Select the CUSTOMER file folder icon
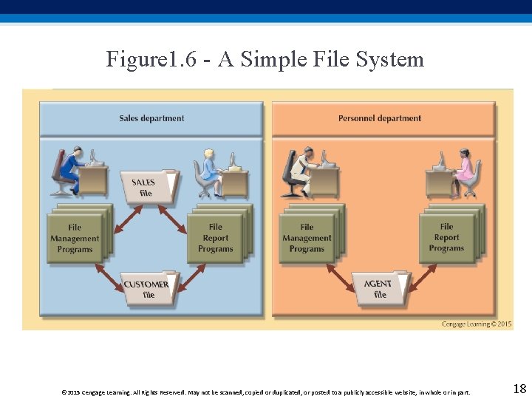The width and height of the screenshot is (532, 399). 147,289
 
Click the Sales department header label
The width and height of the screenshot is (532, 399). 151,118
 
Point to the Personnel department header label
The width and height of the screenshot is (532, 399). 380,118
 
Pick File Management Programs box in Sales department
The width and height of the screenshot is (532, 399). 75,237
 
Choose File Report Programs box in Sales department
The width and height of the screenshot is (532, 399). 216,237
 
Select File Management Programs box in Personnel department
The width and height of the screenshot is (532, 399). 307,237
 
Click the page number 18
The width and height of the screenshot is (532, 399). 519,389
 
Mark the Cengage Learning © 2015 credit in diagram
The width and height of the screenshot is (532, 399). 477,324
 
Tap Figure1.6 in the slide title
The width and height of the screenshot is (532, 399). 151,59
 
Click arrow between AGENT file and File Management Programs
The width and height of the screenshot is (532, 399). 341,274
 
